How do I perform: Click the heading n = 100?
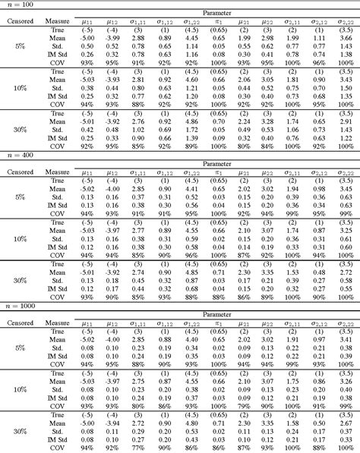point(17,5)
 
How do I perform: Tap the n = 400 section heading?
point(17,154)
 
